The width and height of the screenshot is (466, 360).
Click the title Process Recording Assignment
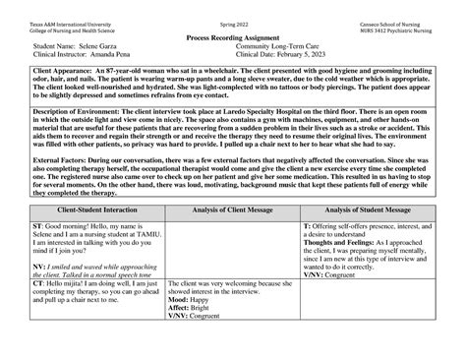(x=232, y=35)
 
